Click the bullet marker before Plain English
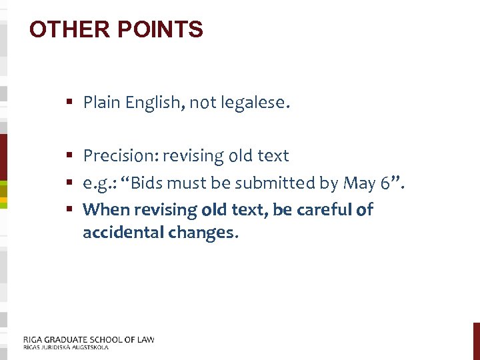click(x=69, y=103)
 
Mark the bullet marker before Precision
click(x=69, y=156)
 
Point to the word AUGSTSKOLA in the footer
click(x=89, y=347)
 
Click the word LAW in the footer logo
click(x=145, y=339)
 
